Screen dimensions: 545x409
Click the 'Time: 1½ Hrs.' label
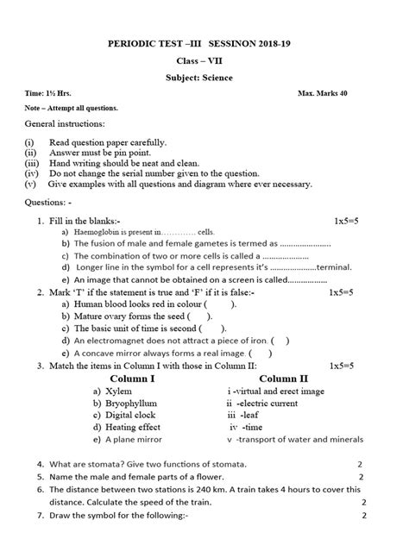tap(47, 91)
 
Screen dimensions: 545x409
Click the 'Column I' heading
tap(133, 378)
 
